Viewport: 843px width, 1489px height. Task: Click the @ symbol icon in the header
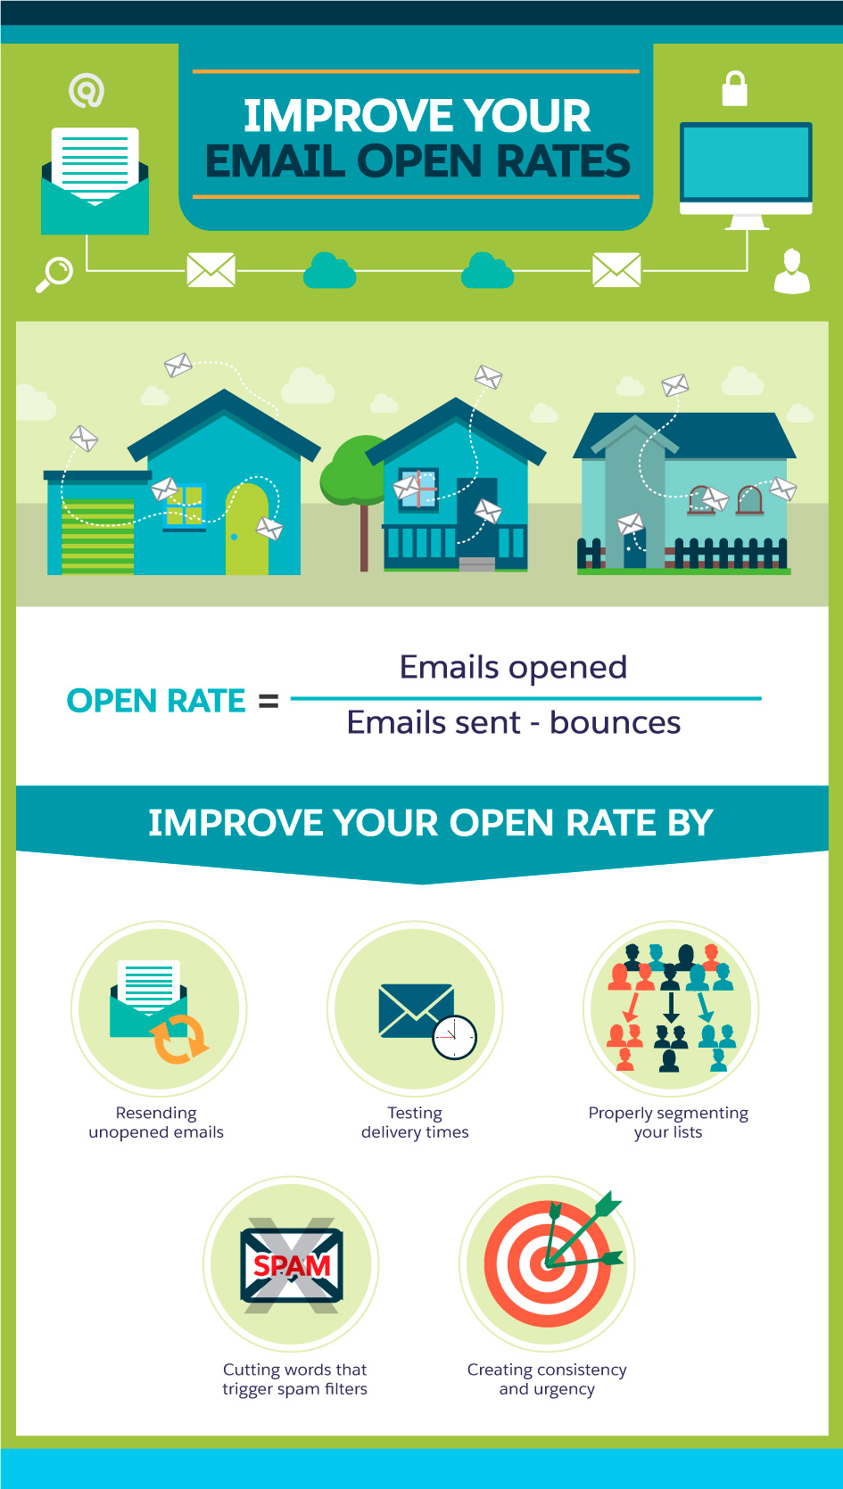pyautogui.click(x=87, y=90)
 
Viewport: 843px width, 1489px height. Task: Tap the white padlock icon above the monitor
pyautogui.click(x=735, y=88)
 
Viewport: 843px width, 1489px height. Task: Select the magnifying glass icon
pyautogui.click(x=54, y=274)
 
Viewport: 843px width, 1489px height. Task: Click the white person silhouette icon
pyautogui.click(x=791, y=270)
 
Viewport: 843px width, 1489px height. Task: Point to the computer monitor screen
pyautogui.click(x=746, y=161)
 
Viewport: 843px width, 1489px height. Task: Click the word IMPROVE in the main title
pyautogui.click(x=347, y=116)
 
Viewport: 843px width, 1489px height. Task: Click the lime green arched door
pyautogui.click(x=246, y=529)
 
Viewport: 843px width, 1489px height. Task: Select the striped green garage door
pyautogui.click(x=98, y=536)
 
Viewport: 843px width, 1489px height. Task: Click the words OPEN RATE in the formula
pyautogui.click(x=156, y=701)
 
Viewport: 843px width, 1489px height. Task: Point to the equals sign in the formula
pyautogui.click(x=269, y=701)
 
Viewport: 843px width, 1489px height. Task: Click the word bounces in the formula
pyautogui.click(x=615, y=722)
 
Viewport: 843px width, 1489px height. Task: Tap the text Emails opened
pyautogui.click(x=513, y=668)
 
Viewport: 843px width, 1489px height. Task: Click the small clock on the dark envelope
pyautogui.click(x=455, y=1037)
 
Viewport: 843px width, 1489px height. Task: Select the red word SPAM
pyautogui.click(x=292, y=1266)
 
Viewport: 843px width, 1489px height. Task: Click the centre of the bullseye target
pyautogui.click(x=547, y=1263)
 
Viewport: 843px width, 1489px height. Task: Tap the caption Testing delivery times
pyautogui.click(x=415, y=1122)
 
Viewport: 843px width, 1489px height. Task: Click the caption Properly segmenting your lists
pyautogui.click(x=668, y=1122)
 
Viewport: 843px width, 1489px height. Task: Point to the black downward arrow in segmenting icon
pyautogui.click(x=671, y=1007)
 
